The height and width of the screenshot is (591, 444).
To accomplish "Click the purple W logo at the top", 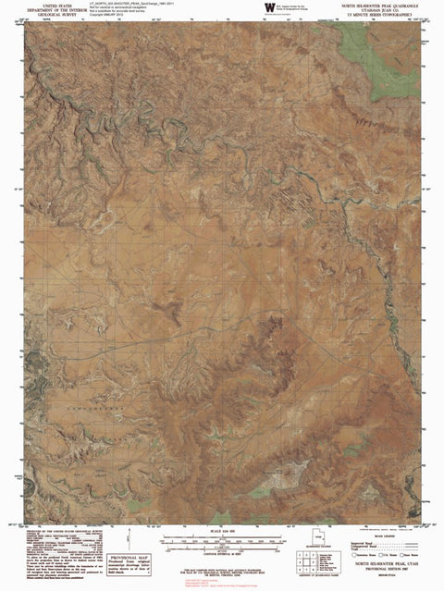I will coord(269,7).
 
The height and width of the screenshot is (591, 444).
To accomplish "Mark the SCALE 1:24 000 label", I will coord(222,528).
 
